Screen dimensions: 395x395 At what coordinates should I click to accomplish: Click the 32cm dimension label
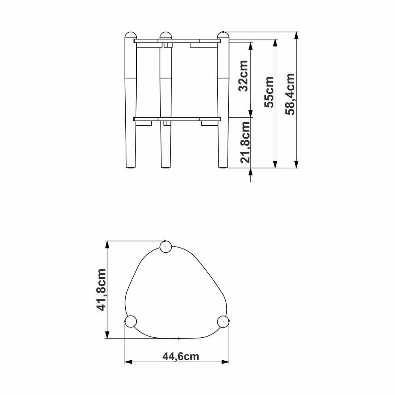(243, 76)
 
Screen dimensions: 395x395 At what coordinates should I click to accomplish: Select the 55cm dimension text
(269, 92)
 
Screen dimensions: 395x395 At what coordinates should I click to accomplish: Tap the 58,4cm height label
(290, 94)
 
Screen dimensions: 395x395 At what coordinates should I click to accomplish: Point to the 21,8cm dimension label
(245, 142)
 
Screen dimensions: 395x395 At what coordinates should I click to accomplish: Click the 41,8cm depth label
(102, 290)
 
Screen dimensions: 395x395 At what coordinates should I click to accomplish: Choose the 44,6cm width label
(181, 356)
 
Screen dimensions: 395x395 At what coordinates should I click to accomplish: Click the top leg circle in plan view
(166, 246)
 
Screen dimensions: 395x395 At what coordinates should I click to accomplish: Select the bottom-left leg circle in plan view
(131, 322)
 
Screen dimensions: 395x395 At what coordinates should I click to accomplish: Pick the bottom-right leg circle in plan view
(223, 322)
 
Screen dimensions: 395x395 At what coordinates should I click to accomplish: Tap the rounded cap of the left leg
(131, 35)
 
